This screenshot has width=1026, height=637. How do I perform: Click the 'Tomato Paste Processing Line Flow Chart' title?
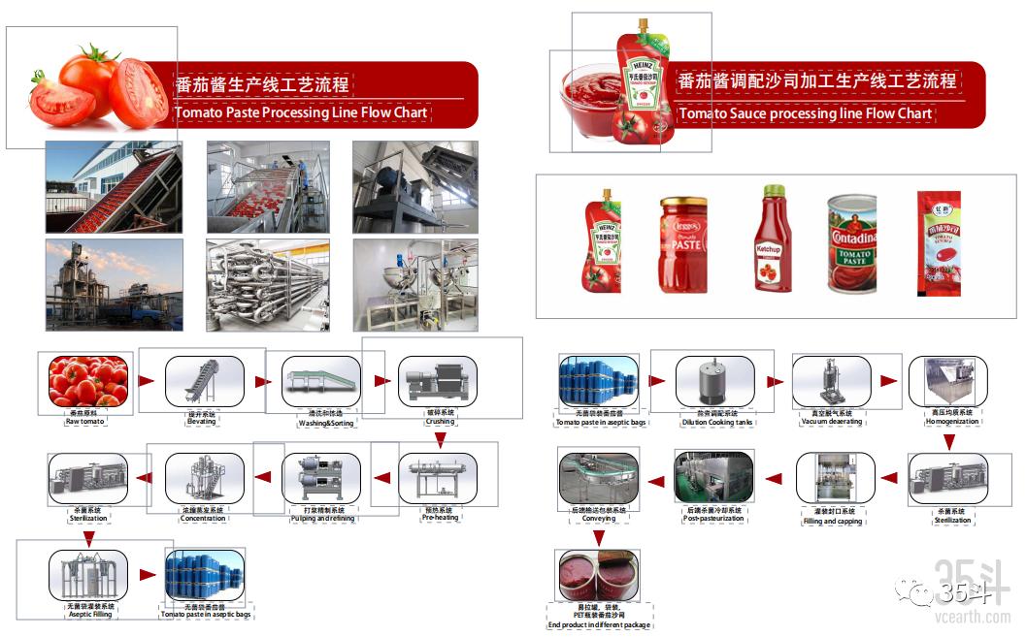301,112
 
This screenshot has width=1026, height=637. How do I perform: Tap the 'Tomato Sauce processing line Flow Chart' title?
805,113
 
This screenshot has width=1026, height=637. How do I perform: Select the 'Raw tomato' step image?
88,381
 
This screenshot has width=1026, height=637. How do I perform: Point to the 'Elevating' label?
202,422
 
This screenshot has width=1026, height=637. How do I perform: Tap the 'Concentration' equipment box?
204,477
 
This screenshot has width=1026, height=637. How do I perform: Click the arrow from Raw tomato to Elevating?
147,381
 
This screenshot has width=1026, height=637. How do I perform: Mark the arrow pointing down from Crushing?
440,440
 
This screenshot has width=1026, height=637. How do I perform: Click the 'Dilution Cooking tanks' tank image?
714,381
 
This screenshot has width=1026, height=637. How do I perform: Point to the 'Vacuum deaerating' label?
831,422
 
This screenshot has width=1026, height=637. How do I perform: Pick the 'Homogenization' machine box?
947,381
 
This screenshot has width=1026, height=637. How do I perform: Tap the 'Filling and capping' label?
832,521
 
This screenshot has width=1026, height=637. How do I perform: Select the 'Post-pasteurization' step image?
713,477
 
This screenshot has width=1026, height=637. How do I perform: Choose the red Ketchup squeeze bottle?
772,239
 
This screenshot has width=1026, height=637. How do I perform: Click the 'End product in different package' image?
599,575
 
